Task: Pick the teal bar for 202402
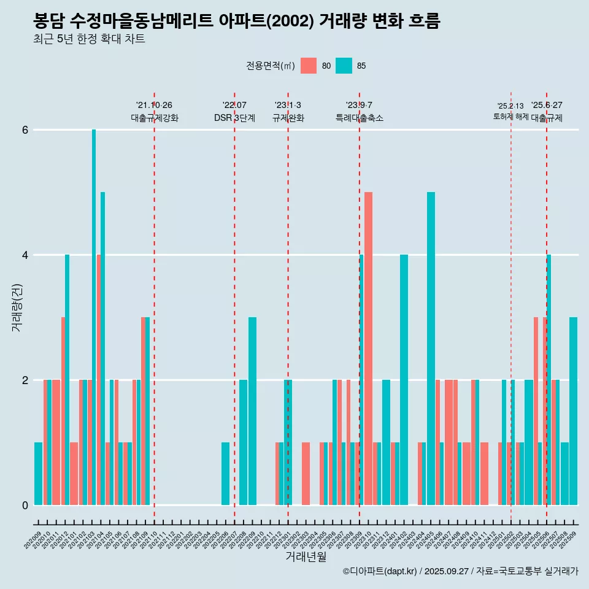404,380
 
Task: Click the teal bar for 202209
252,411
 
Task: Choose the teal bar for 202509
573,411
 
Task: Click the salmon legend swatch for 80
309,66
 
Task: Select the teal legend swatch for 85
344,66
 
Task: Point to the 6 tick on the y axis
25,130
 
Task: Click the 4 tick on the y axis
25,255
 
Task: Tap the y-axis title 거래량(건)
17,307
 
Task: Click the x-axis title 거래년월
306,556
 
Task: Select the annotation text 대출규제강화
155,118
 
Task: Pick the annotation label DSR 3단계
234,118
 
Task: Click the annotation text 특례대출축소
360,118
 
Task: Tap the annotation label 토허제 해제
510,117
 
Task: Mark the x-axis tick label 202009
32,537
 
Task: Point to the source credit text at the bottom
460,571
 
